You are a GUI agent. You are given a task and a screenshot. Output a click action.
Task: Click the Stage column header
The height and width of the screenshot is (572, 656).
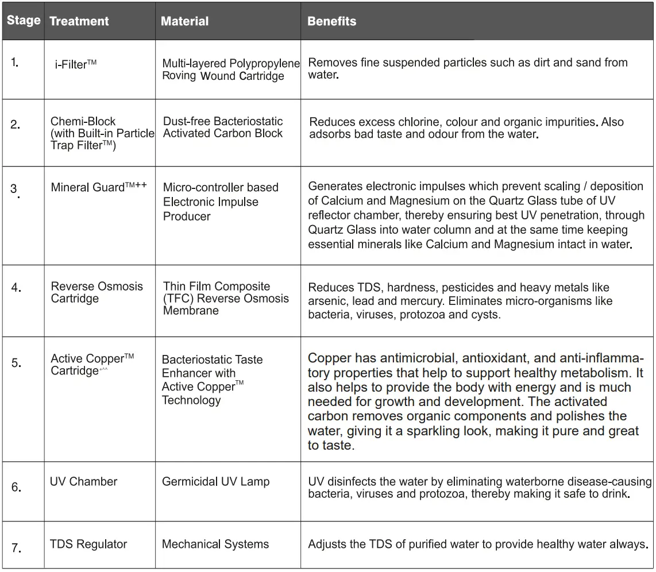coord(24,21)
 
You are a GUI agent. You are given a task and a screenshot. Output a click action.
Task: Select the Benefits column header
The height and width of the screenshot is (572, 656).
coord(331,22)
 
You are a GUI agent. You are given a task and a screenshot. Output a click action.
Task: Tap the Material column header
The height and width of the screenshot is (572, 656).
coord(184,22)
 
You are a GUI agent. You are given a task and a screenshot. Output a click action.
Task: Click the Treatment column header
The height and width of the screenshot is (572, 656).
coord(79,22)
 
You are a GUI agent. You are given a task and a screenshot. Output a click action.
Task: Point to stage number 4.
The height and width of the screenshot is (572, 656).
coord(16,287)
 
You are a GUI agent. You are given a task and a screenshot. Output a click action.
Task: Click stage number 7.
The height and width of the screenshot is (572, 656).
coord(16,548)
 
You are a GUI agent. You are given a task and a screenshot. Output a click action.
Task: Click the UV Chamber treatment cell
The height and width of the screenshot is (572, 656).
coord(83,481)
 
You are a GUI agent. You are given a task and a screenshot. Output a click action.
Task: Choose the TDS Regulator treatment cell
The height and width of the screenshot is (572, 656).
coord(88,544)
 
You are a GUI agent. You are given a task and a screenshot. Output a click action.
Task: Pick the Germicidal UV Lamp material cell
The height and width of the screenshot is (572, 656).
coord(215,481)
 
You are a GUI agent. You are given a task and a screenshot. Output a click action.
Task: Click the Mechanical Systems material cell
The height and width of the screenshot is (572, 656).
coord(215,544)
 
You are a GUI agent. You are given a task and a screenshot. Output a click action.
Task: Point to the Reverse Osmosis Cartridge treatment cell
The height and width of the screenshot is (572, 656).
coord(97,292)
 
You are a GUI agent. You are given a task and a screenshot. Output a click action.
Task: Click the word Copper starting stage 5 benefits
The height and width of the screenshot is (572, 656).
coord(329,358)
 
